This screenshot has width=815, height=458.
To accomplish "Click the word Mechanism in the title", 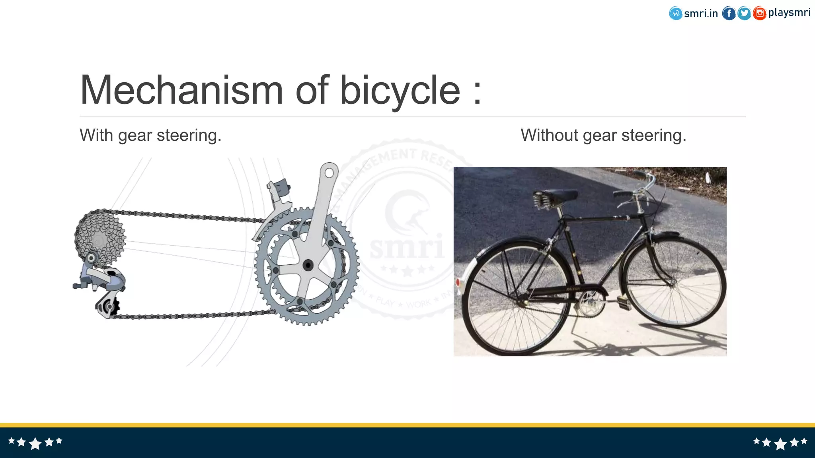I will [181, 91].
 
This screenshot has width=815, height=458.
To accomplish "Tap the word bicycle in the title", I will [400, 91].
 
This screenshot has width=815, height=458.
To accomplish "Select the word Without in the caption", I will [549, 135].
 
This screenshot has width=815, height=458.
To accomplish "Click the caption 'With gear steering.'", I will [150, 135].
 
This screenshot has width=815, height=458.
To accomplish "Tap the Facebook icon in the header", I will [729, 14].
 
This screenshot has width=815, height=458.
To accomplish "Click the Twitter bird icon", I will [744, 14].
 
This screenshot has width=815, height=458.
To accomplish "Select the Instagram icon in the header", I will [759, 14].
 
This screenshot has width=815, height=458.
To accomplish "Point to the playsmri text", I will [789, 13].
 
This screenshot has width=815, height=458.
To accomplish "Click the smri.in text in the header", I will [701, 14].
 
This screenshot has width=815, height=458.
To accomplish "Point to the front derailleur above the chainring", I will [279, 199].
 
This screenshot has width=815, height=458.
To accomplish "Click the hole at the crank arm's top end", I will [329, 173].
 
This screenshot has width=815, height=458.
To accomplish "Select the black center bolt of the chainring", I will [308, 265].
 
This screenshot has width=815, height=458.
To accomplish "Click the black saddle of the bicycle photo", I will [555, 196].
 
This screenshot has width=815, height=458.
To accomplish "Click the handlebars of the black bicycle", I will [641, 187].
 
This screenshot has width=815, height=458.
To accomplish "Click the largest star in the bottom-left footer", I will [35, 443].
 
